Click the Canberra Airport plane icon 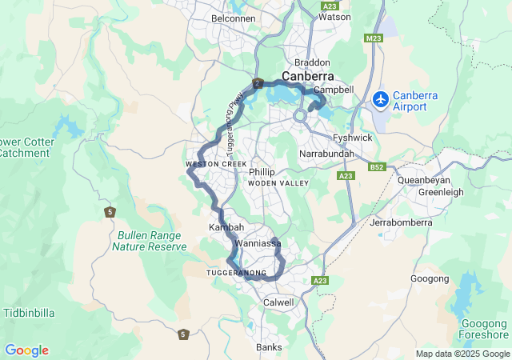coord(381,100)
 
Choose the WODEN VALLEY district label coord(278,184)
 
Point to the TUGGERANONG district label coord(237,273)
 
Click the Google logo coord(26,350)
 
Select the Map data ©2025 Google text coord(462,354)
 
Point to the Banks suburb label coord(269,347)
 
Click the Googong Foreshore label coord(485,329)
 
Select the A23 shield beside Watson coord(329,6)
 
